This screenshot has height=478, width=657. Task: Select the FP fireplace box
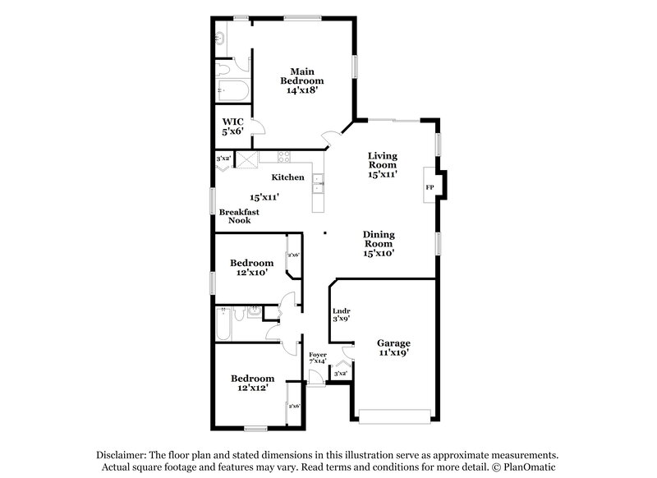tap(430, 187)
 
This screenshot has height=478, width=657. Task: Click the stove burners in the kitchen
tap(284, 158)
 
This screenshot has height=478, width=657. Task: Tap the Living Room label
tap(383, 165)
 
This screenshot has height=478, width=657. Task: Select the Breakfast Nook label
tap(239, 216)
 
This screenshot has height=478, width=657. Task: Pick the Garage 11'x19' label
tap(393, 347)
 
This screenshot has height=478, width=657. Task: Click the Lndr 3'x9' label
tap(342, 315)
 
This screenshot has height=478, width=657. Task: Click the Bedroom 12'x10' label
tap(251, 267)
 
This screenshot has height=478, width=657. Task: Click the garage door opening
tap(393, 416)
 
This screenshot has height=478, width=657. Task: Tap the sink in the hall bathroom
tap(254, 311)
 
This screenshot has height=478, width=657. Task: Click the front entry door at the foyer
tap(314, 382)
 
